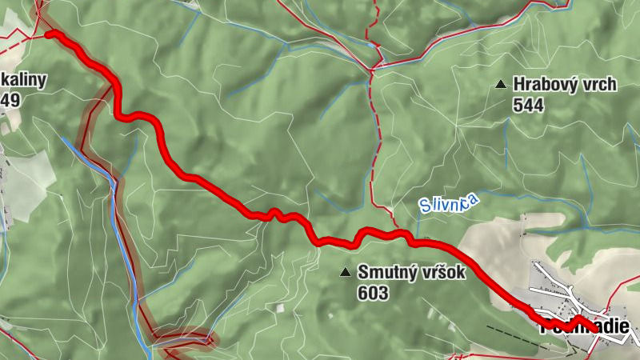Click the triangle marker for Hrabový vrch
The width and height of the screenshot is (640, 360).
[x=501, y=84]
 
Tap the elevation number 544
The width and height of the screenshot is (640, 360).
[x=529, y=105]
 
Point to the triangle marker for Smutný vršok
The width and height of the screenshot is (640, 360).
[x=346, y=273]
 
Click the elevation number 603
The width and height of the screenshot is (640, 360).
[x=373, y=294]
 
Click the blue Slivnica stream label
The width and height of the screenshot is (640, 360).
[x=448, y=203]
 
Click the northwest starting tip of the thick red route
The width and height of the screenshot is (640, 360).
[x=50, y=34]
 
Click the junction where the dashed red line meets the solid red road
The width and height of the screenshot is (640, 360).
[x=374, y=69]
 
